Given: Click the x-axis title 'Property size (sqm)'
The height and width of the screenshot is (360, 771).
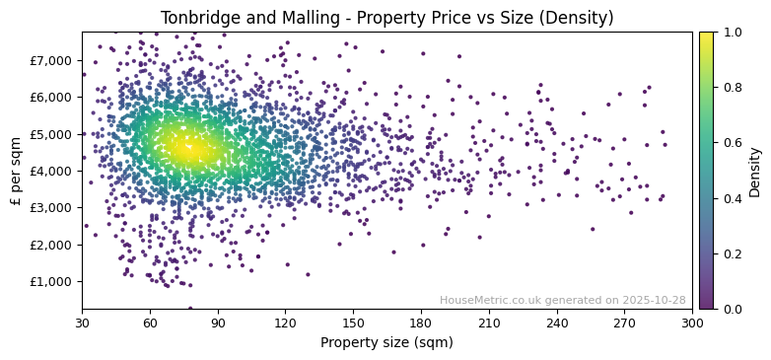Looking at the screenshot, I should [x=386, y=343].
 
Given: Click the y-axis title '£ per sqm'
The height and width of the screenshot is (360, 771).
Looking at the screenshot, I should [x=16, y=171].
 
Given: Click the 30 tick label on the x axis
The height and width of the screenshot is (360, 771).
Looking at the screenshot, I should [x=82, y=323].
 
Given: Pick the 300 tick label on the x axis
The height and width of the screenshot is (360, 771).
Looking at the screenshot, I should [x=692, y=323].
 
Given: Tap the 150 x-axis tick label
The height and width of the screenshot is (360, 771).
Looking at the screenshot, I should [x=353, y=323].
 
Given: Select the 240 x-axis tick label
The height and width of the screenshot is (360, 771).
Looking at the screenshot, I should [x=556, y=323].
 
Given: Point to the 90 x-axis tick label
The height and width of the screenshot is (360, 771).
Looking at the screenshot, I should [x=218, y=323].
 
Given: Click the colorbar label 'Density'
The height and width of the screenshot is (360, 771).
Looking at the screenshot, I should [x=755, y=171].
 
